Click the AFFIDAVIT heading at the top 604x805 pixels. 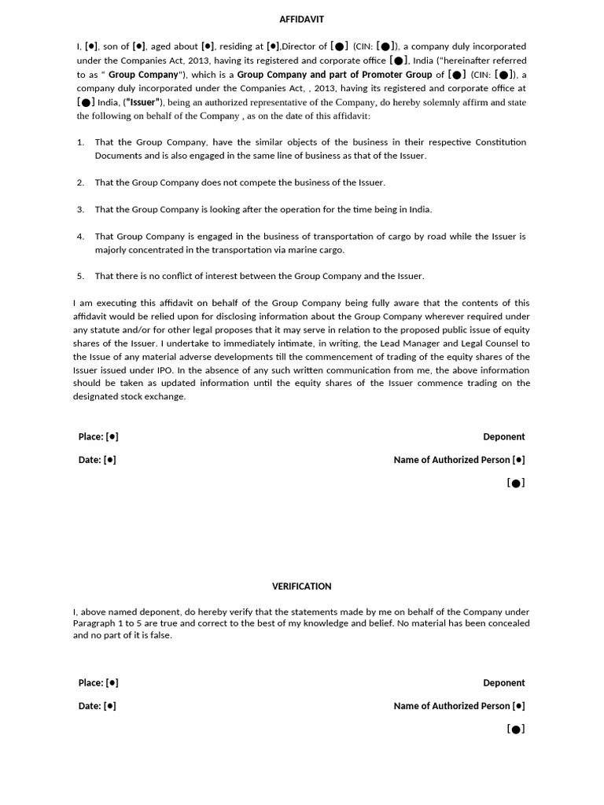tap(301, 19)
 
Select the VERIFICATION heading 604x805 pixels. tap(301, 586)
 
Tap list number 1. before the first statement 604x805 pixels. tap(80, 142)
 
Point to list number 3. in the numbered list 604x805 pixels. tap(80, 209)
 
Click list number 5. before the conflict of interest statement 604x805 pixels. tap(80, 276)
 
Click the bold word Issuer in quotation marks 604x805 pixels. tap(143, 102)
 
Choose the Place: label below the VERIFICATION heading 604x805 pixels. tap(90, 683)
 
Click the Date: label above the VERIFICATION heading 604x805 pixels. tap(90, 461)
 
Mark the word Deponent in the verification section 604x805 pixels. tap(503, 683)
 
